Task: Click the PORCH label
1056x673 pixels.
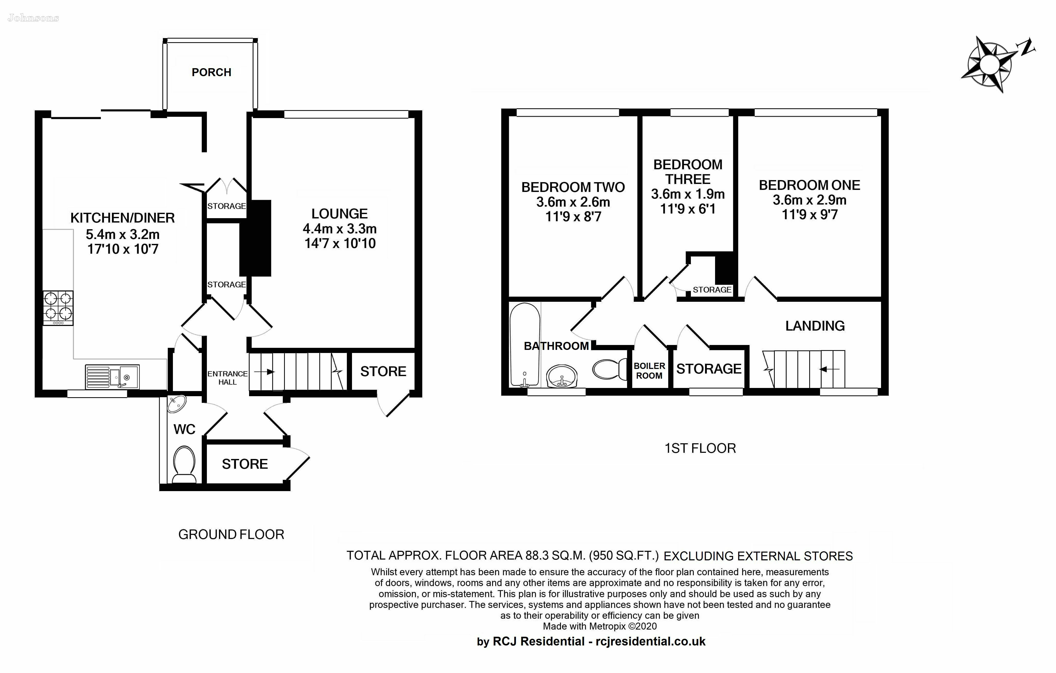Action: point(211,72)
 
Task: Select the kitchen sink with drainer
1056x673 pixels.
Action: point(112,377)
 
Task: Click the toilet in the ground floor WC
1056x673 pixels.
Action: point(184,464)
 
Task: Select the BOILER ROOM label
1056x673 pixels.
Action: point(649,370)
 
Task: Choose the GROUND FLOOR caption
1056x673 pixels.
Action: point(231,534)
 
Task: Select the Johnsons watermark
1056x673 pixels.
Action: point(33,18)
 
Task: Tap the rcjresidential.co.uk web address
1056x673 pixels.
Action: point(650,641)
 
